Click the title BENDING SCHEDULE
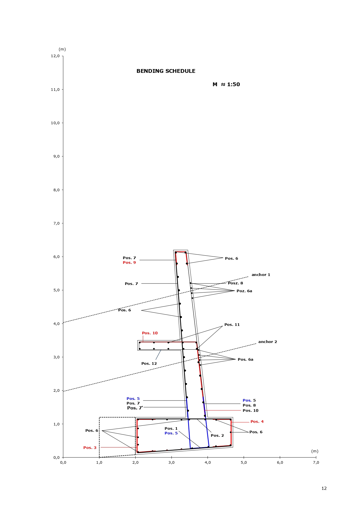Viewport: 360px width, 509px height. click(166, 71)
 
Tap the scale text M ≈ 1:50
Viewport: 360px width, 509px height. click(226, 84)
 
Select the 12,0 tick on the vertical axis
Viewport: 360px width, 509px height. click(55, 56)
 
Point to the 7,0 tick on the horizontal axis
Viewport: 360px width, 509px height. click(316, 462)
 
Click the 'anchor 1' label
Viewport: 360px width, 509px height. click(261, 275)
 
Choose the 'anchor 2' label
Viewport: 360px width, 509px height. click(267, 342)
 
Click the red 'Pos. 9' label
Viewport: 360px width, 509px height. click(129, 263)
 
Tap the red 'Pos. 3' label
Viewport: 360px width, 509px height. click(90, 448)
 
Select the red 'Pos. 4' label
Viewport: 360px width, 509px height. click(257, 422)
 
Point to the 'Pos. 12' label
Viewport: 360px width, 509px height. click(149, 364)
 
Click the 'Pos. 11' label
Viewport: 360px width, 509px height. click(232, 325)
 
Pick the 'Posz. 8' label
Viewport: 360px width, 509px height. click(235, 283)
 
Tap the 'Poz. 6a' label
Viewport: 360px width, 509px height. click(244, 291)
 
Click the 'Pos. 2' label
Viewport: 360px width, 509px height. click(217, 436)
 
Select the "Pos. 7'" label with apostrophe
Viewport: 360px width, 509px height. click(135, 408)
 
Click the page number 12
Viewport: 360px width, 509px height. click(324, 488)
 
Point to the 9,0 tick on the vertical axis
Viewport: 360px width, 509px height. click(55, 156)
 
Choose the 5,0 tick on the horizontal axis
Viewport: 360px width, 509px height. click(244, 462)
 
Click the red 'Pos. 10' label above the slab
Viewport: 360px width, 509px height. click(150, 333)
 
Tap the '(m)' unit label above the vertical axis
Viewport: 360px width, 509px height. click(62, 49)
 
